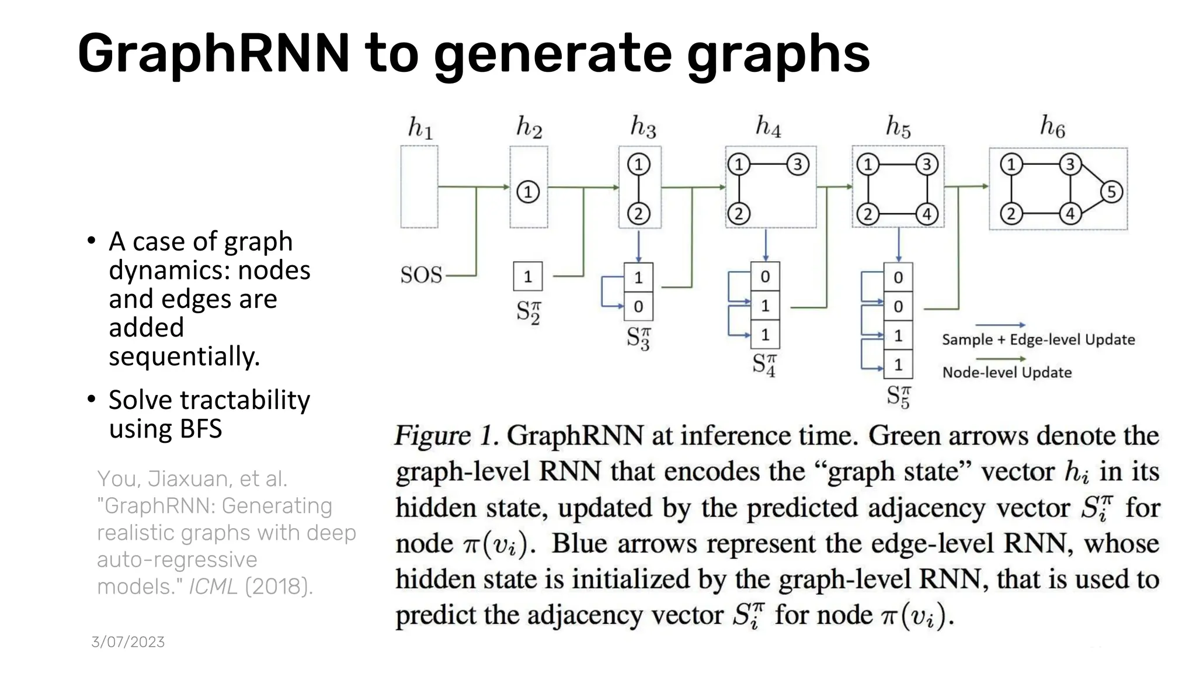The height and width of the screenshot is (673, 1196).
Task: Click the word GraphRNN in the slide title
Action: point(213,54)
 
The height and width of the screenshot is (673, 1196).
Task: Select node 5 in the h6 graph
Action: point(1111,192)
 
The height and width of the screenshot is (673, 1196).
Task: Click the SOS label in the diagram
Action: point(421,275)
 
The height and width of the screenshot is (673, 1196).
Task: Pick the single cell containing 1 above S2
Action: point(528,276)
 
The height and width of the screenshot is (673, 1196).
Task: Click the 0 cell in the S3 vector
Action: point(638,307)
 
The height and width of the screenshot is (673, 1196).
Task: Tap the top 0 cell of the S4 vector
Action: point(765,276)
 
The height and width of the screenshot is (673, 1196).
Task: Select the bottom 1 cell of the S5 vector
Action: point(898,365)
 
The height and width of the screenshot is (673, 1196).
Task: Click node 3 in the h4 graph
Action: point(798,164)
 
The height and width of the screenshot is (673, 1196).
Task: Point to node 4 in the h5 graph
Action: point(927,214)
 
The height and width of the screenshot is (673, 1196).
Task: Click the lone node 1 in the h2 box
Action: point(528,192)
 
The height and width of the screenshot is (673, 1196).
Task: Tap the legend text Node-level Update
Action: point(1007,373)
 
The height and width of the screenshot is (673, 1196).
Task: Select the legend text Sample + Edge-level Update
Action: point(1038,340)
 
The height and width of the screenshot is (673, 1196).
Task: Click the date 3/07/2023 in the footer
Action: point(128,642)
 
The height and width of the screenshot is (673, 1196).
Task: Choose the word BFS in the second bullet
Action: point(201,429)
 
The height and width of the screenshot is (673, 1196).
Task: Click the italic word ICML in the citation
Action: point(213,587)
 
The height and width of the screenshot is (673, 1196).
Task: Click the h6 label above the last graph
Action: point(1052,126)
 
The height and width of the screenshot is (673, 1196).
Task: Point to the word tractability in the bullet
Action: point(245,400)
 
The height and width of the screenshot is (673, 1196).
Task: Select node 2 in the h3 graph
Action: point(638,214)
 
